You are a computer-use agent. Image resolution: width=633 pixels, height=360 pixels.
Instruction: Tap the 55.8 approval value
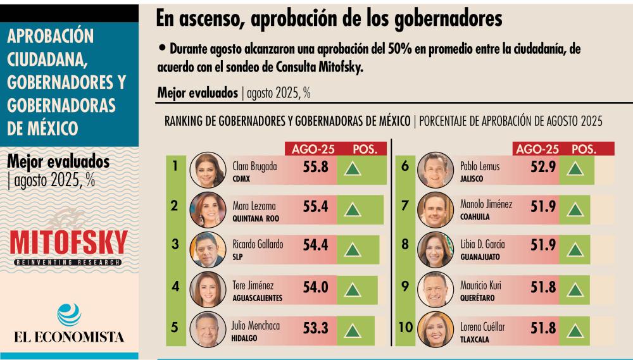(x=315, y=169)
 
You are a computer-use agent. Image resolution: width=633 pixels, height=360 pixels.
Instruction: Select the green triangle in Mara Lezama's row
(x=352, y=209)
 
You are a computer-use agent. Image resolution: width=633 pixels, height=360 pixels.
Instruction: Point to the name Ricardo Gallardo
(x=258, y=244)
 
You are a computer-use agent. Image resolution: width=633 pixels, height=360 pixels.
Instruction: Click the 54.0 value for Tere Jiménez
(x=315, y=287)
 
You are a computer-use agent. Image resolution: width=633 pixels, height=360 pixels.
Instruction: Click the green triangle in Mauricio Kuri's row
(x=574, y=289)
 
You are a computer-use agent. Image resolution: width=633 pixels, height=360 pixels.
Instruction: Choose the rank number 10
(x=405, y=328)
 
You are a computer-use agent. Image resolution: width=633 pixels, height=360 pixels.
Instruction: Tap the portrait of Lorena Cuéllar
(x=436, y=330)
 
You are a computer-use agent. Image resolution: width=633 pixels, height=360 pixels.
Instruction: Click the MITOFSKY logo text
(x=69, y=242)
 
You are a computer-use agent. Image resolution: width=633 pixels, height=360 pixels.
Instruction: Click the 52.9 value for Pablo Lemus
(x=544, y=168)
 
